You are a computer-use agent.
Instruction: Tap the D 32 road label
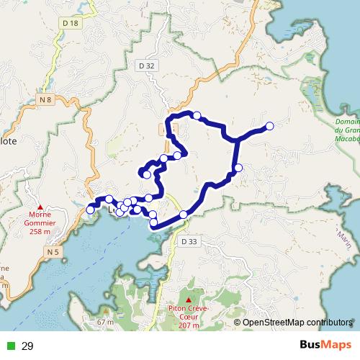(145, 66)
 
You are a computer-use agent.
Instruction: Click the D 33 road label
(189, 242)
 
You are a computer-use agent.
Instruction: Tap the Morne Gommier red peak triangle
(40, 205)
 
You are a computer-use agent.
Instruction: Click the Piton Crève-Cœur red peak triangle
(189, 300)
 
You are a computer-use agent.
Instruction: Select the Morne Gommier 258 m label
(40, 222)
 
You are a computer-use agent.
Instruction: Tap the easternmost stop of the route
(270, 126)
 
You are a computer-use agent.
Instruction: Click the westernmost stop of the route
(90, 210)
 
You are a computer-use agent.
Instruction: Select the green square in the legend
(11, 346)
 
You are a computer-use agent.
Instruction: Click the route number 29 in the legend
(28, 346)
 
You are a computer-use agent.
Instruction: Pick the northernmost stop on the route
(196, 114)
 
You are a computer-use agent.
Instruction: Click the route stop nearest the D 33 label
(184, 214)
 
